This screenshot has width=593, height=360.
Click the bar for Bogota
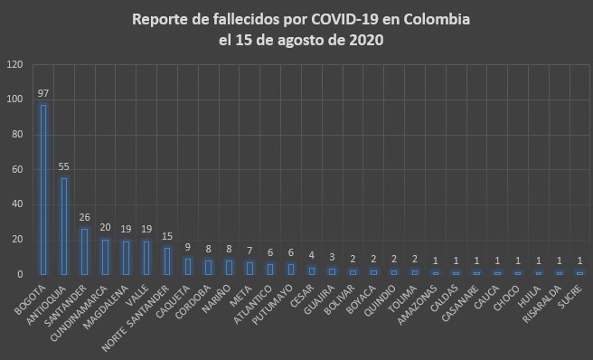(42, 189)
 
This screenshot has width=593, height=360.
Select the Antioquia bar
(63, 225)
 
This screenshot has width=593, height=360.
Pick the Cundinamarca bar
(105, 256)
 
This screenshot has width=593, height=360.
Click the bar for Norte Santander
(167, 261)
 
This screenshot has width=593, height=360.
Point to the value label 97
(42, 94)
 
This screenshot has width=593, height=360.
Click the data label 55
(63, 167)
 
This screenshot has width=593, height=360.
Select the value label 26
(84, 218)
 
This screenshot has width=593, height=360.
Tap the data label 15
(167, 237)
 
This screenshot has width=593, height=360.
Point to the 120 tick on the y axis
(14, 65)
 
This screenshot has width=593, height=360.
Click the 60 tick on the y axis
(17, 169)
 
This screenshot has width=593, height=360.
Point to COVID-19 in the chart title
(321, 19)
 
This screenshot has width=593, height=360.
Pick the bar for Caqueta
(188, 266)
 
